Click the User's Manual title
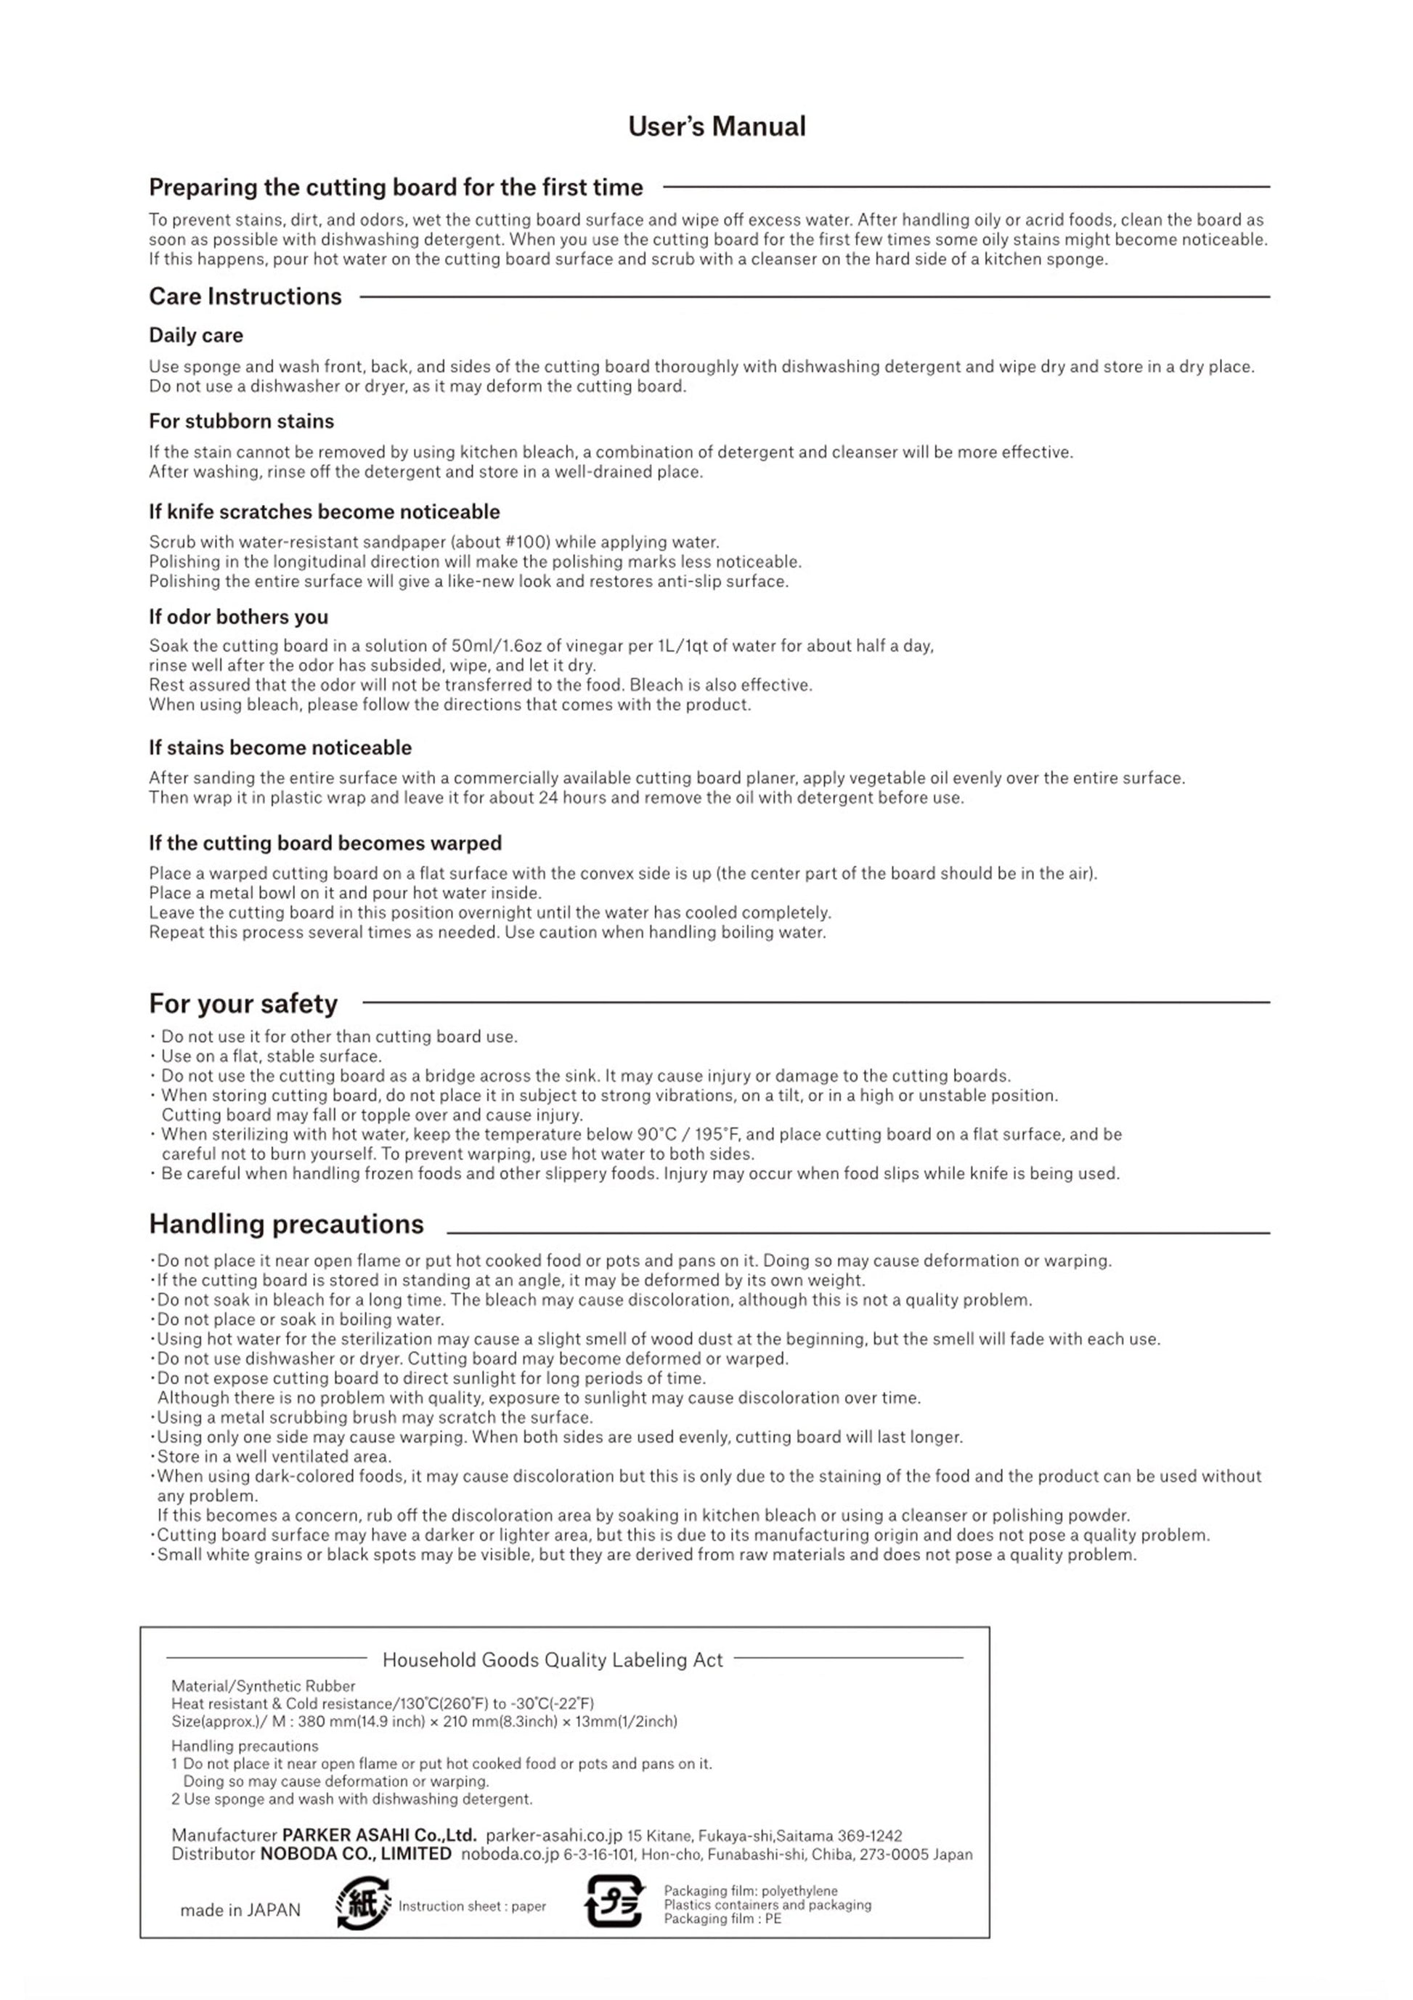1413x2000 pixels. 717,127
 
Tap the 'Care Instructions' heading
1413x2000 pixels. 245,297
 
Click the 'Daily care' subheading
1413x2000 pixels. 196,336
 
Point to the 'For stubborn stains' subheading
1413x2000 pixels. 241,421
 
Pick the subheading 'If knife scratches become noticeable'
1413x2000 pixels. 324,512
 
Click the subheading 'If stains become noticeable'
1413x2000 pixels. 280,748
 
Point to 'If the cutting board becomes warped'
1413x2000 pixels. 325,843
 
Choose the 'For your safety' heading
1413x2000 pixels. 243,1003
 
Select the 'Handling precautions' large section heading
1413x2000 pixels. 285,1224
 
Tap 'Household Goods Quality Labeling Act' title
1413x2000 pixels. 552,1660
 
